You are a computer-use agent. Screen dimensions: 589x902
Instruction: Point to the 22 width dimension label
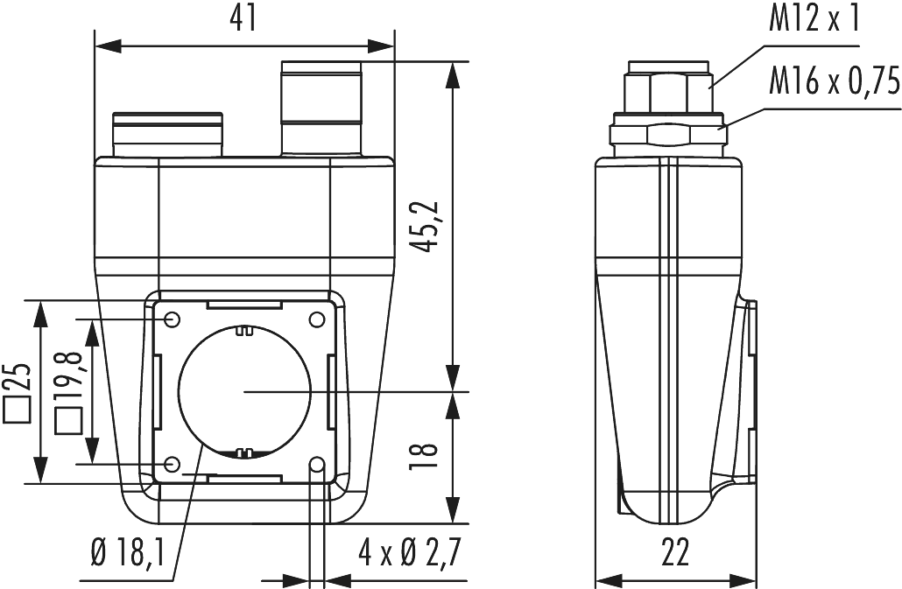(x=674, y=552)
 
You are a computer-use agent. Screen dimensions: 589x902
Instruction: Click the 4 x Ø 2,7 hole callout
(x=409, y=552)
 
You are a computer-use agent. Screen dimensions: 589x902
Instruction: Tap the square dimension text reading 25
(x=20, y=390)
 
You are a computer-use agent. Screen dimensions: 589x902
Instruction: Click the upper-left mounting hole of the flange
(x=173, y=318)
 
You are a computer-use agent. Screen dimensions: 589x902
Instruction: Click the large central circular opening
(x=243, y=391)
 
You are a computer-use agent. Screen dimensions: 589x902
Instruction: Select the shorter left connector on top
(x=166, y=133)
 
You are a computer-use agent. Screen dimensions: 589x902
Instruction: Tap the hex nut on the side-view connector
(x=671, y=132)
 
